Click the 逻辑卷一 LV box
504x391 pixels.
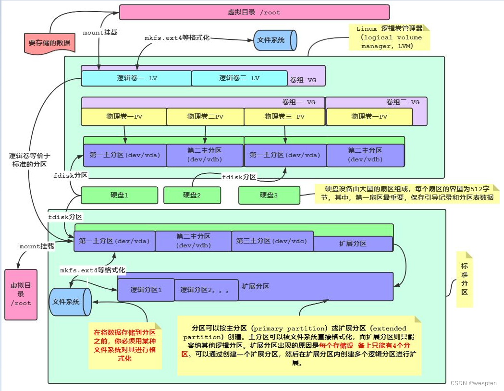(136, 78)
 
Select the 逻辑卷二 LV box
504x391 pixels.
(239, 78)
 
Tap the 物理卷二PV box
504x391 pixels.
(205, 117)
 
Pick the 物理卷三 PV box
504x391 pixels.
(284, 117)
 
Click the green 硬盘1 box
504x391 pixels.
(119, 195)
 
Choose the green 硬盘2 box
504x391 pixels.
(192, 195)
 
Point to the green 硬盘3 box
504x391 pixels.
(269, 195)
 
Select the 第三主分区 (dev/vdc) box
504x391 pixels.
(272, 241)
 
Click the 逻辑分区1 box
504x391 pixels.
(146, 290)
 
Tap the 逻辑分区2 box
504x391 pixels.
(206, 290)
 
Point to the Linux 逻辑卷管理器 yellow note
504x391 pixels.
(389, 37)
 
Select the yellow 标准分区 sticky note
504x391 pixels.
(465, 279)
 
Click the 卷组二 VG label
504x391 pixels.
(403, 102)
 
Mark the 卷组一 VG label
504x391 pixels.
(299, 102)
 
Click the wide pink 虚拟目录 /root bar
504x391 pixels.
(254, 12)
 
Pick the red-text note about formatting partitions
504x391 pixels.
(125, 345)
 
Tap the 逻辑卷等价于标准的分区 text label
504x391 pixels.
(30, 160)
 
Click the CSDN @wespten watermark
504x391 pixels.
(473, 383)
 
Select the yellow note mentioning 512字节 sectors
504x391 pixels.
(407, 194)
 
